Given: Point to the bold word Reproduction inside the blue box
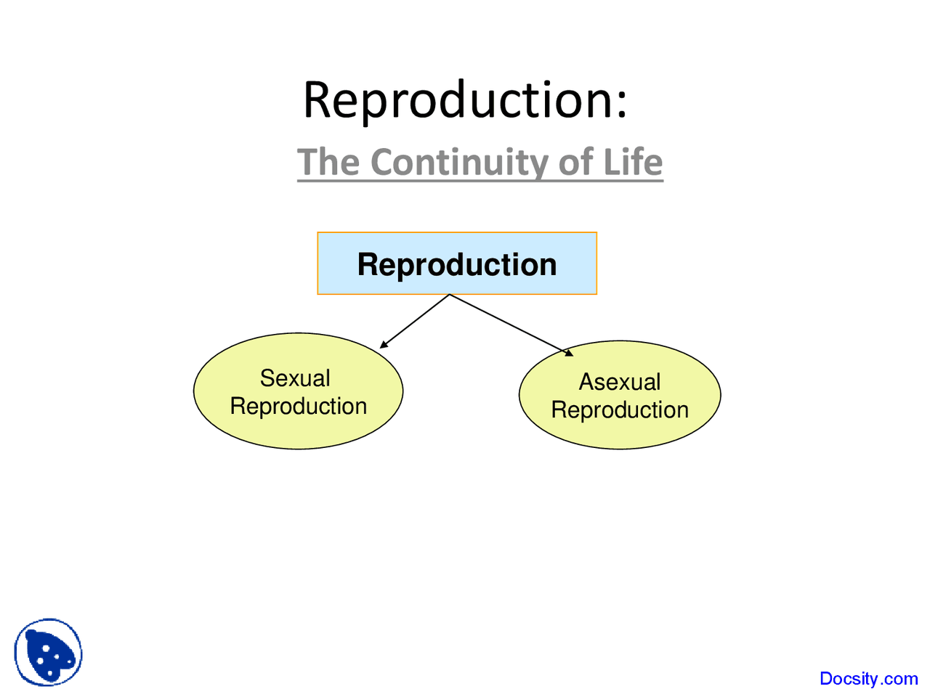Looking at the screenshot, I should point(457,264).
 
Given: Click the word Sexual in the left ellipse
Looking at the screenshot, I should point(295,378).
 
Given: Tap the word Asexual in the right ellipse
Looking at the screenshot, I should point(620,382).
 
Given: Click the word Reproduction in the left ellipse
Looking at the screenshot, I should point(298,407).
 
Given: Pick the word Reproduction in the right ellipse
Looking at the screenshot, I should point(620,410).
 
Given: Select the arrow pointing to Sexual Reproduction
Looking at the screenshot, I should point(416,321).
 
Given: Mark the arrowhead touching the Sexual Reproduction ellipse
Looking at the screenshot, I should point(384,345).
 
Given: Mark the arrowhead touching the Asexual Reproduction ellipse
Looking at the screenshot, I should point(569,353).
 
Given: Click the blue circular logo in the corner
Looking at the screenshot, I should point(48,652).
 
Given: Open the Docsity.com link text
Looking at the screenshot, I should point(868,679).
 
